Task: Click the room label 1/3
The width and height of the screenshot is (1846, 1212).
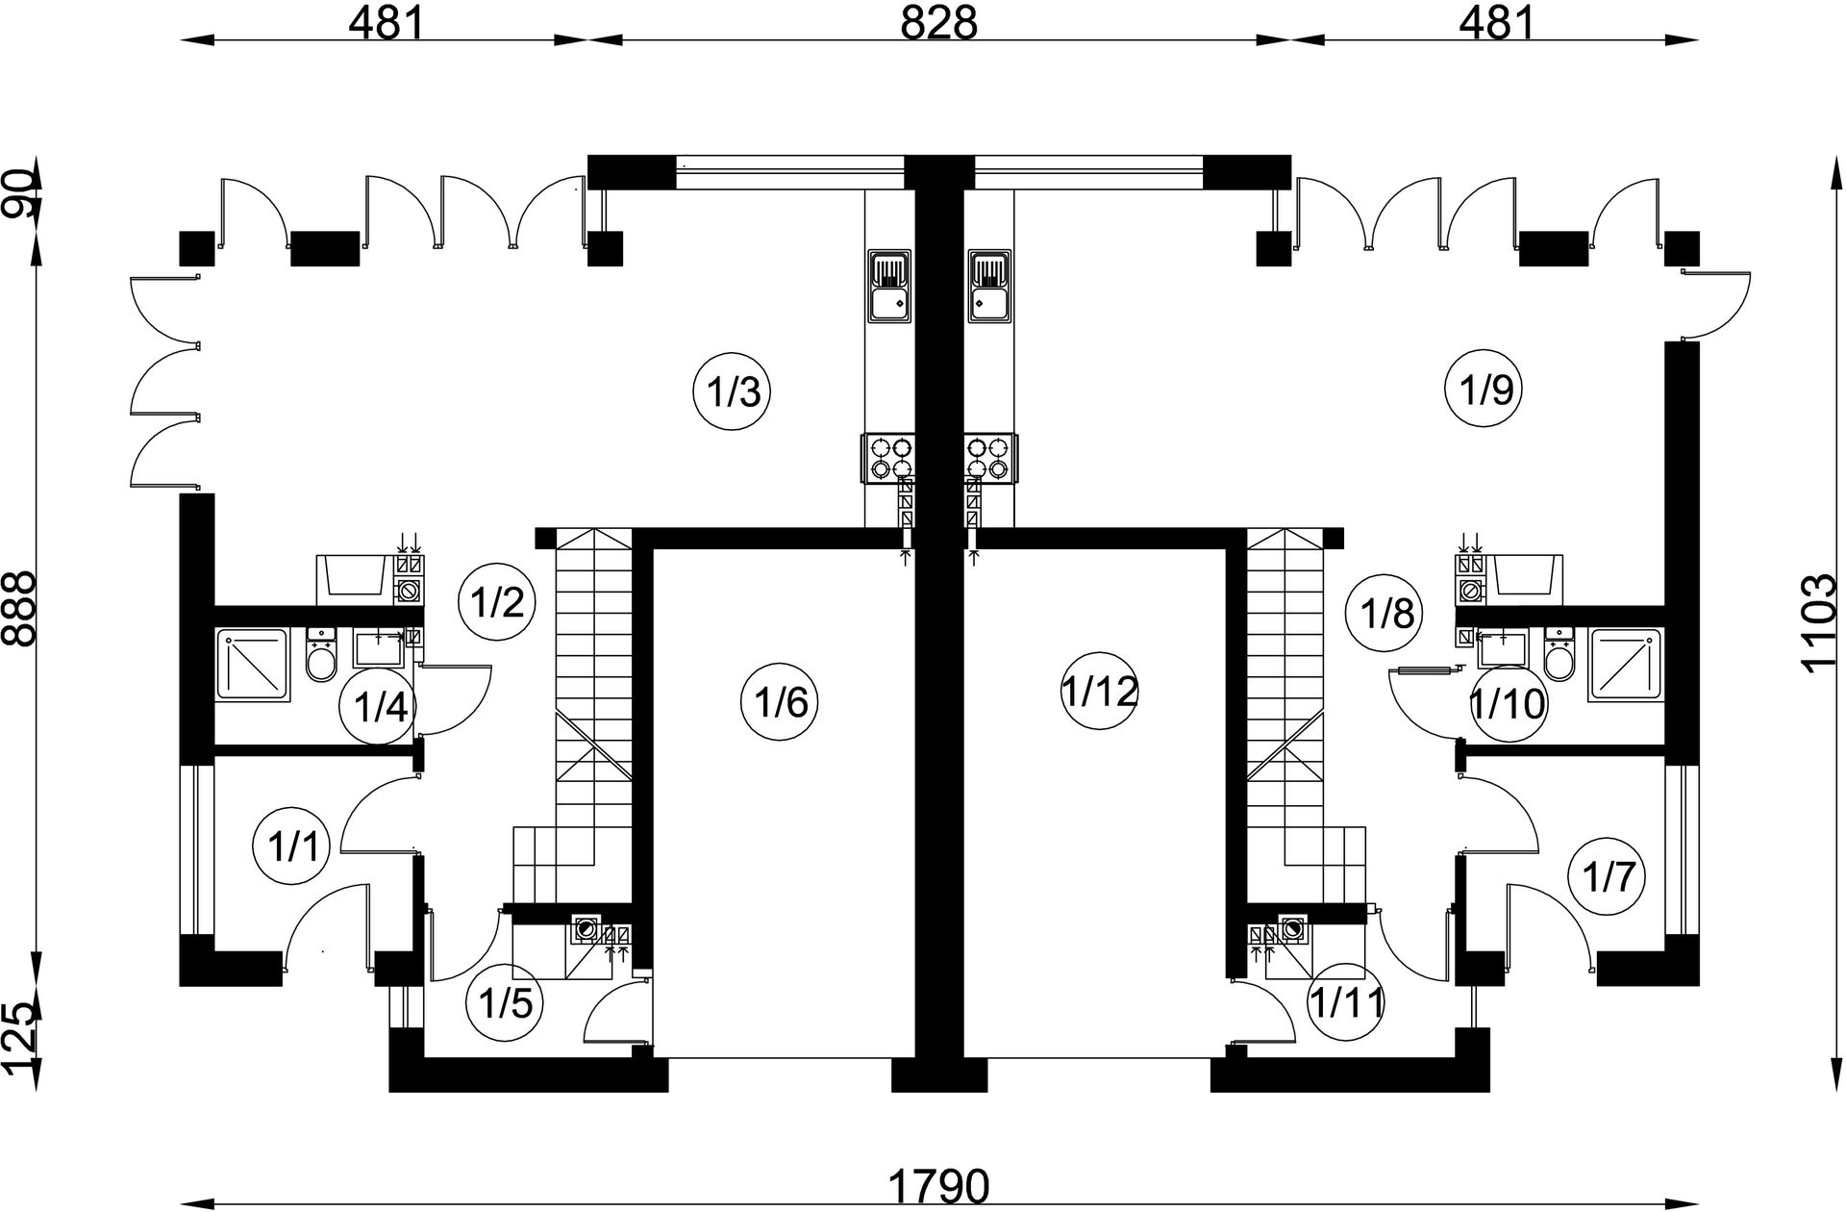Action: tap(734, 393)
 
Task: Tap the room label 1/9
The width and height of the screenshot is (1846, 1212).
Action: tap(1485, 391)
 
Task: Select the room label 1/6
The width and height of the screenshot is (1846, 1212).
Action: tap(780, 703)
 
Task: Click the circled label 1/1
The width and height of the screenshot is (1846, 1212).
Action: tap(291, 848)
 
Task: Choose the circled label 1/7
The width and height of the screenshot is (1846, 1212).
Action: tap(1607, 876)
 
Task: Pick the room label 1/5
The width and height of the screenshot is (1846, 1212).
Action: tap(505, 1005)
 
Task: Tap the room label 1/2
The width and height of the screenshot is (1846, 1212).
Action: tap(497, 603)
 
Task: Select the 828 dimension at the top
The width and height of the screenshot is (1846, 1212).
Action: tap(937, 23)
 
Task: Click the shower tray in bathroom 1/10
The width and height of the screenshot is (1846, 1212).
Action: tap(1625, 665)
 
